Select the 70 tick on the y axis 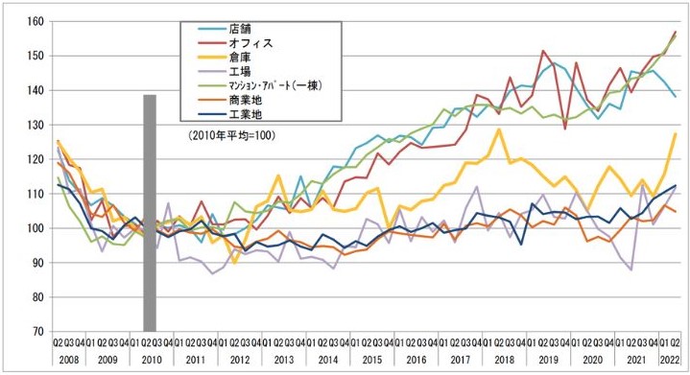[36, 332]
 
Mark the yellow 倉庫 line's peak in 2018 [499, 129]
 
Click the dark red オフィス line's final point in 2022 [676, 33]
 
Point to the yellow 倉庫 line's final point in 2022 [676, 133]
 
